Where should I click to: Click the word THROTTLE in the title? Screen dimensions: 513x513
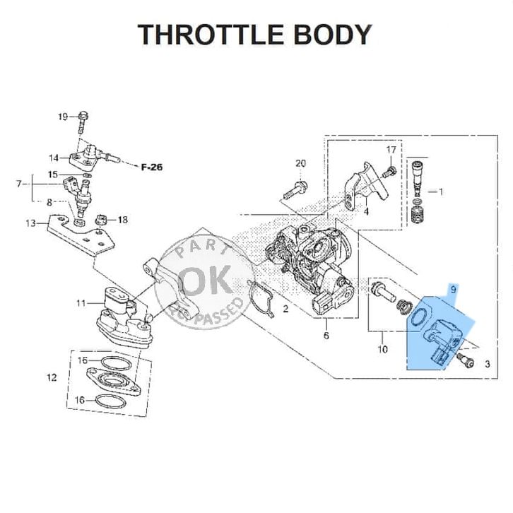click(211, 35)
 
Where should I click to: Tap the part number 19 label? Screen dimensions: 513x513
click(62, 117)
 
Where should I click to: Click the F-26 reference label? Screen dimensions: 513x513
click(152, 167)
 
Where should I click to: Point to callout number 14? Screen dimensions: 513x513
click(54, 158)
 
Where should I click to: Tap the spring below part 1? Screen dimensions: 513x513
click(416, 215)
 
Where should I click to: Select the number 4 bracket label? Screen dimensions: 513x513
click(366, 212)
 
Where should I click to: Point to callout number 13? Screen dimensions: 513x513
click(31, 223)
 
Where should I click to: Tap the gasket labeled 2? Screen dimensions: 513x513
click(261, 298)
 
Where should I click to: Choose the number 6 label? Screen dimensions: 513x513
click(326, 336)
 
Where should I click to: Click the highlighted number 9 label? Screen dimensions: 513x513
click(453, 289)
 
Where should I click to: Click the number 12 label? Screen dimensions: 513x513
click(52, 377)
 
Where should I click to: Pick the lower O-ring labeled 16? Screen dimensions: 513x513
click(110, 402)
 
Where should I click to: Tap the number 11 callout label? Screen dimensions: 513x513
click(81, 303)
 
